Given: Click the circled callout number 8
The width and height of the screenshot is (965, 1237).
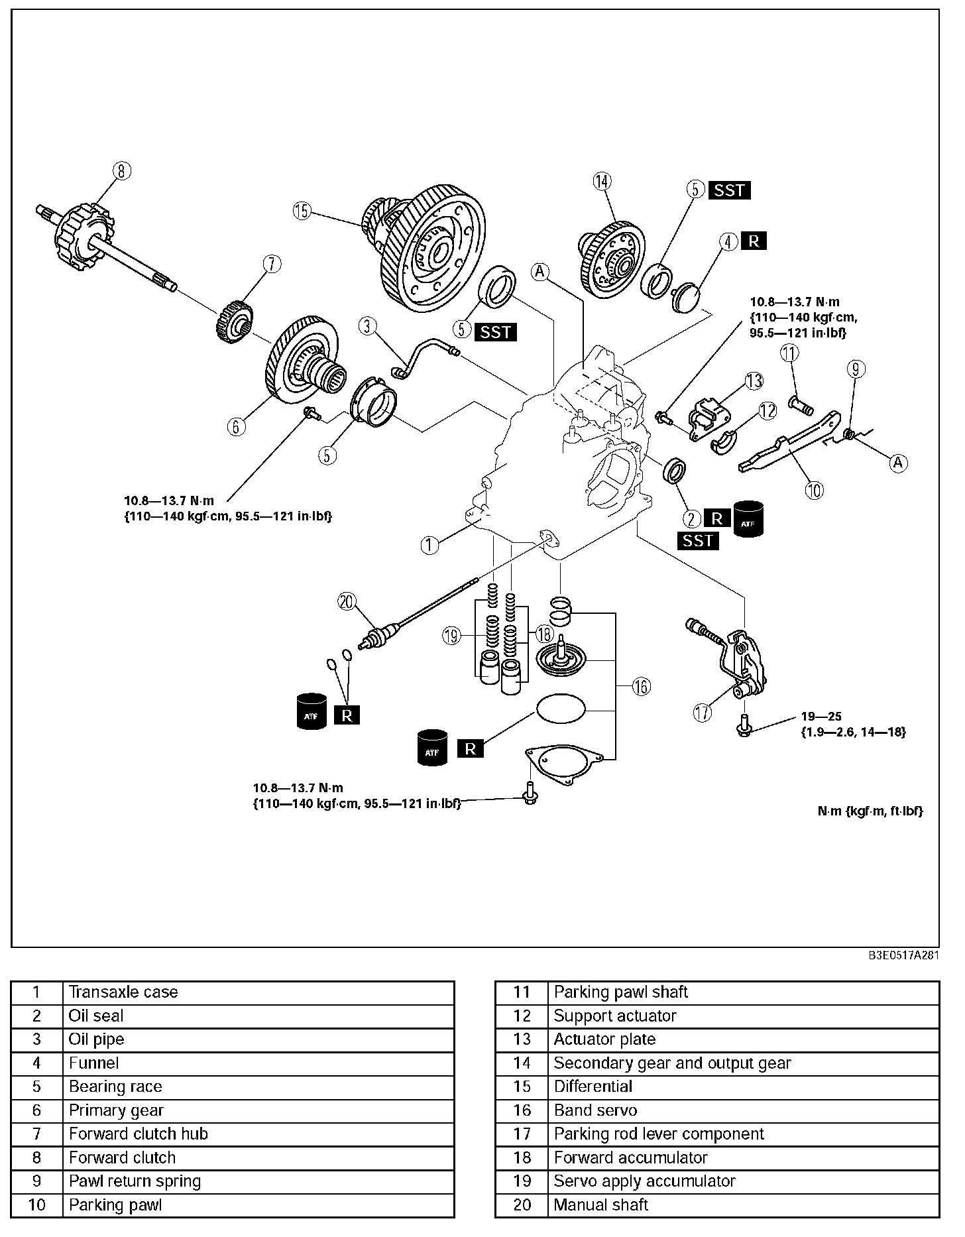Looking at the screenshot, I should [121, 171].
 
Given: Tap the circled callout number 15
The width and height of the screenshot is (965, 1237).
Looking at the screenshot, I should [302, 211].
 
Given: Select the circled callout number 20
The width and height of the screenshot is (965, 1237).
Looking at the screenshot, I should [347, 601].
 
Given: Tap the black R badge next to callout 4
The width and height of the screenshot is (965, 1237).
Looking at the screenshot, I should [754, 241].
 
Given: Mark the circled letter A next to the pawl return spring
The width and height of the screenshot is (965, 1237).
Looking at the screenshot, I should [898, 463].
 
